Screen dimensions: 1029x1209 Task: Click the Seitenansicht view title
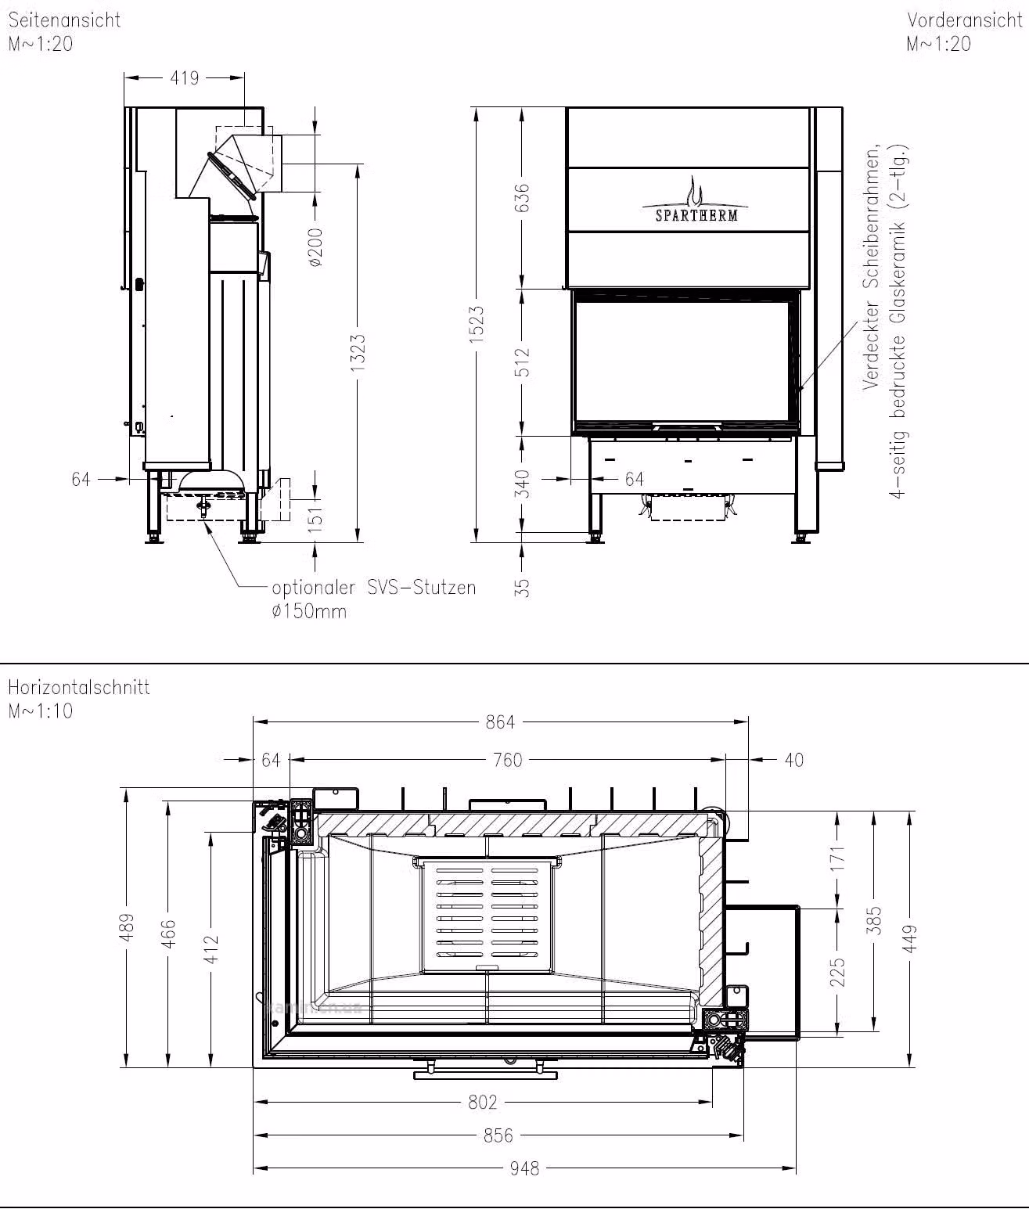pyautogui.click(x=64, y=20)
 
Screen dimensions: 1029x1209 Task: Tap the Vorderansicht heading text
pyautogui.click(x=966, y=20)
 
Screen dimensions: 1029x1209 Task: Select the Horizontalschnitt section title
pyautogui.click(x=79, y=687)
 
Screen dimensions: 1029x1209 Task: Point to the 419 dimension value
pyautogui.click(x=185, y=77)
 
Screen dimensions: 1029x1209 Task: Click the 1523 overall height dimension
pyautogui.click(x=477, y=323)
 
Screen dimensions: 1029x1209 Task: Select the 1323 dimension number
pyautogui.click(x=358, y=353)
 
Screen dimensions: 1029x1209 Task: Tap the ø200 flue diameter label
pyautogui.click(x=315, y=247)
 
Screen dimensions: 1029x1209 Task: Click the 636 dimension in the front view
pyautogui.click(x=523, y=197)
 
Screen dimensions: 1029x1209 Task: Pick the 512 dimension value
pyautogui.click(x=523, y=362)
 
